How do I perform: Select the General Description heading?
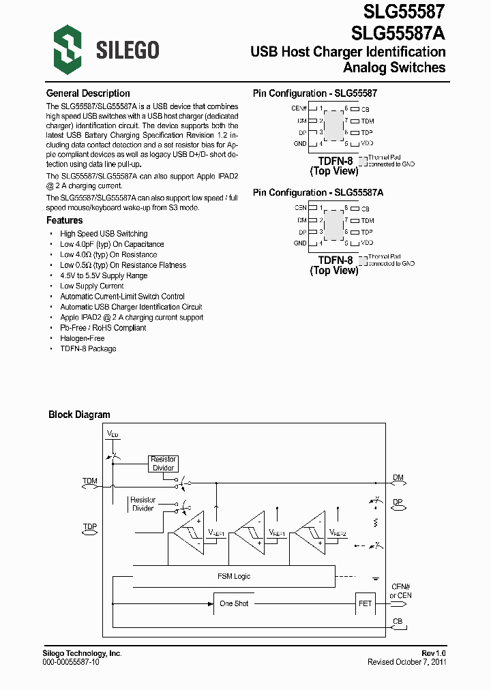pyautogui.click(x=88, y=93)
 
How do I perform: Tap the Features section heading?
pyautogui.click(x=64, y=220)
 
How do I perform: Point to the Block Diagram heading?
pyautogui.click(x=79, y=415)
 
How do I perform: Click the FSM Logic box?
pyautogui.click(x=233, y=576)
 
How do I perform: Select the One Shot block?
pyautogui.click(x=234, y=603)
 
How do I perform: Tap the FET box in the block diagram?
pyautogui.click(x=365, y=603)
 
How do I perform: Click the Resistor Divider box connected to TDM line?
pyautogui.click(x=163, y=464)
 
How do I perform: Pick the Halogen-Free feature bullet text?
pyautogui.click(x=83, y=338)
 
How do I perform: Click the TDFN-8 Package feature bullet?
pyautogui.click(x=88, y=348)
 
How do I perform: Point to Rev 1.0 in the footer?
pyautogui.click(x=434, y=653)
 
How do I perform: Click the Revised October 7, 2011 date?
pyautogui.click(x=406, y=662)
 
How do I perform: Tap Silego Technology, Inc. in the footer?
pyautogui.click(x=82, y=653)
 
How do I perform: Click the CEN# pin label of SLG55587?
pyautogui.click(x=299, y=108)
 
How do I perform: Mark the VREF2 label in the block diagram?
pyautogui.click(x=338, y=533)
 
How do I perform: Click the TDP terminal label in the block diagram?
pyautogui.click(x=90, y=527)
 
